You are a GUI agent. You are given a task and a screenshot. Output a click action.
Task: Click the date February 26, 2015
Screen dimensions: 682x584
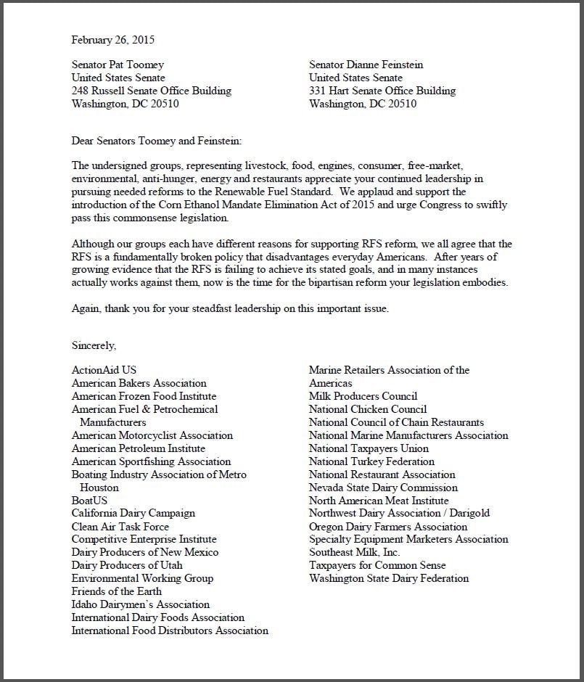112,40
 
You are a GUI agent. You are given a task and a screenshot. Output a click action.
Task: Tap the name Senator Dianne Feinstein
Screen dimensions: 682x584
366,65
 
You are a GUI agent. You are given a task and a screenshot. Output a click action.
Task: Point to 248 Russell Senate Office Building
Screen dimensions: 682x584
152,91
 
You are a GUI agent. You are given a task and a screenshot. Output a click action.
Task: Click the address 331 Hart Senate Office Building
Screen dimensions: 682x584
382,91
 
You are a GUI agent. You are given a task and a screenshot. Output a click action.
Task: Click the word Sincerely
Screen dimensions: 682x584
94,345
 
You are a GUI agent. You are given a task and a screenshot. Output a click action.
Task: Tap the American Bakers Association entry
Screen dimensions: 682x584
139,383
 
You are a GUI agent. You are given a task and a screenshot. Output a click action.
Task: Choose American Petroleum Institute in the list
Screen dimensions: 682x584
139,448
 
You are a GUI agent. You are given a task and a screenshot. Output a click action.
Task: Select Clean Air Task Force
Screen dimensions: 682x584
120,527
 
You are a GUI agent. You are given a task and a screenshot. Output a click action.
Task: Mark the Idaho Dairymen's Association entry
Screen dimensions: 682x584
141,604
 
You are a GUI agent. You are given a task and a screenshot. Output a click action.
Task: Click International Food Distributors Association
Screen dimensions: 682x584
170,630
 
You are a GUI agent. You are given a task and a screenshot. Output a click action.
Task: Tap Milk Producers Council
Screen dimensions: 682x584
363,396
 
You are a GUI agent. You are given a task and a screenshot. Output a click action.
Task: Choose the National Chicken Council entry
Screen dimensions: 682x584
368,409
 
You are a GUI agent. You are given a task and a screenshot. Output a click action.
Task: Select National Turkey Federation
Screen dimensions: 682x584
371,461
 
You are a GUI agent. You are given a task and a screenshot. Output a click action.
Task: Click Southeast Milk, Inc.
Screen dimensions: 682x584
354,552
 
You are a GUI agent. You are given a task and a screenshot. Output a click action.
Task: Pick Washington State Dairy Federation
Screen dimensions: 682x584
389,578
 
